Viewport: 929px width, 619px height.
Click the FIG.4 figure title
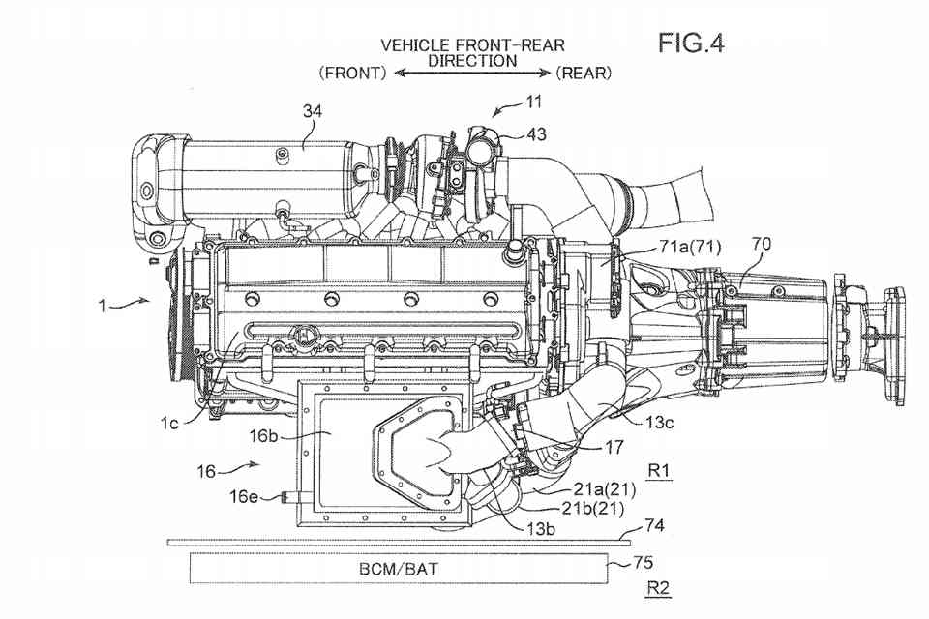[691, 43]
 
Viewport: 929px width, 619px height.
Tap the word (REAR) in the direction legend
[584, 73]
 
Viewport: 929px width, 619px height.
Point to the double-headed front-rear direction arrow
[471, 74]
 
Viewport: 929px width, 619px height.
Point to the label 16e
[243, 499]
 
